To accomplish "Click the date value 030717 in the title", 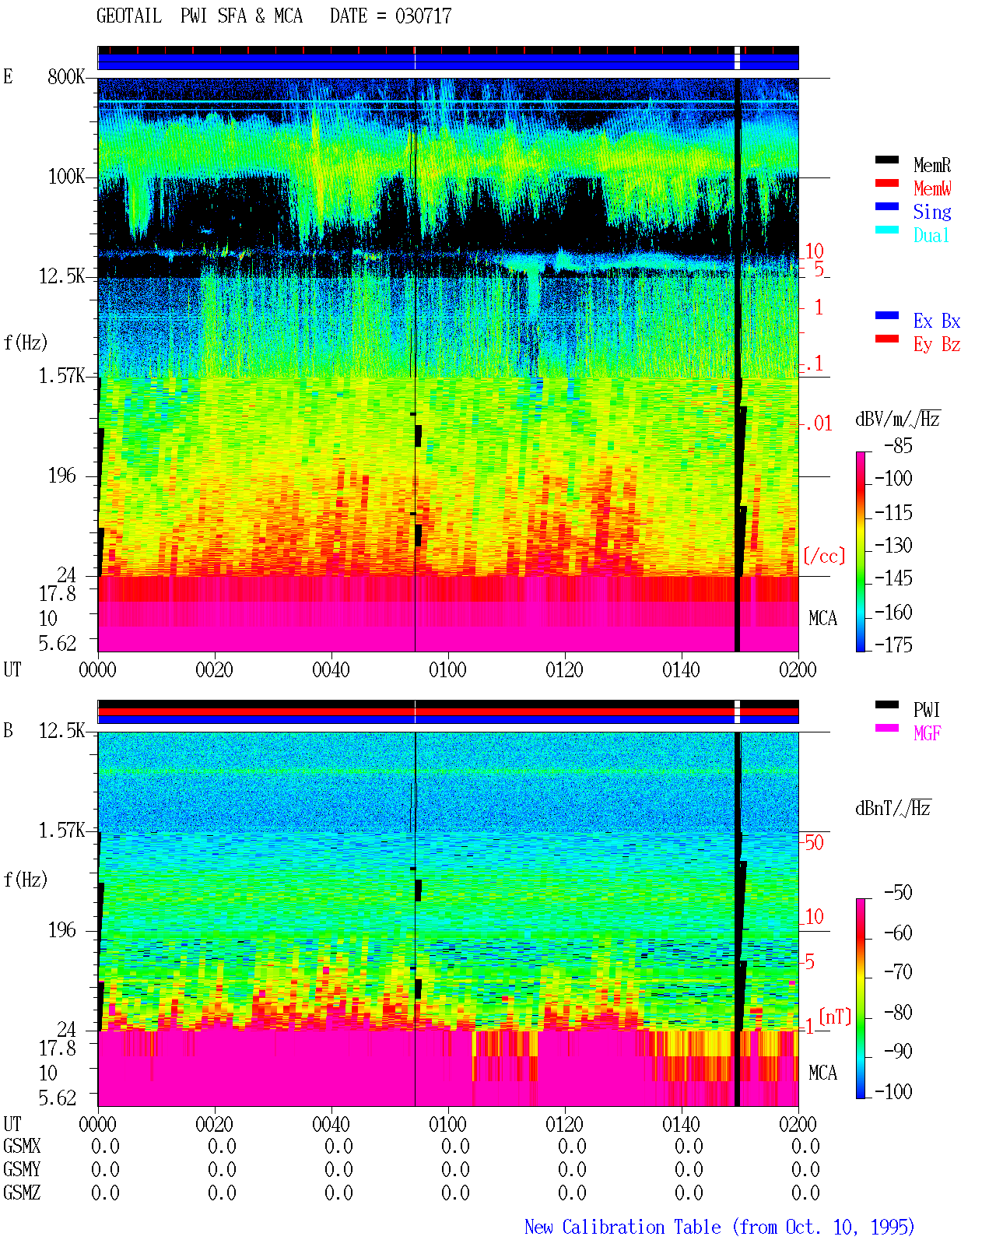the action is click(423, 16).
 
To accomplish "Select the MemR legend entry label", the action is click(931, 165).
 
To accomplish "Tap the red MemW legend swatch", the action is click(886, 183).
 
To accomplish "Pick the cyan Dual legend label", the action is click(931, 235).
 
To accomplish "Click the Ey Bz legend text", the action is click(936, 344).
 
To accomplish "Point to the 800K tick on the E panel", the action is click(65, 76).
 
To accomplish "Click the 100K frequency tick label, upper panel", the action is click(65, 177).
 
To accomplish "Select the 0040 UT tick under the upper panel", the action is click(331, 669).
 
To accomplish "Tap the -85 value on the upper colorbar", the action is click(898, 445).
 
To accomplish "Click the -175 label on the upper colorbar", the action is click(893, 645).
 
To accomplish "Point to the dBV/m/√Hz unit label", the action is click(897, 419).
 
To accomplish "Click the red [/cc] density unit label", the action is click(824, 556).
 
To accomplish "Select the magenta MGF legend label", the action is click(927, 733).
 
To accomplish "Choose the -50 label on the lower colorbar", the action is click(898, 893).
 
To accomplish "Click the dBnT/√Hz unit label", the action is click(893, 809).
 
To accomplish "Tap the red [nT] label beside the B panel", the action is click(835, 1017).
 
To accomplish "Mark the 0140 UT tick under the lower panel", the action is click(681, 1123).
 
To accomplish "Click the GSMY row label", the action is click(22, 1169).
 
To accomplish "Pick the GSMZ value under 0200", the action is click(805, 1193).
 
